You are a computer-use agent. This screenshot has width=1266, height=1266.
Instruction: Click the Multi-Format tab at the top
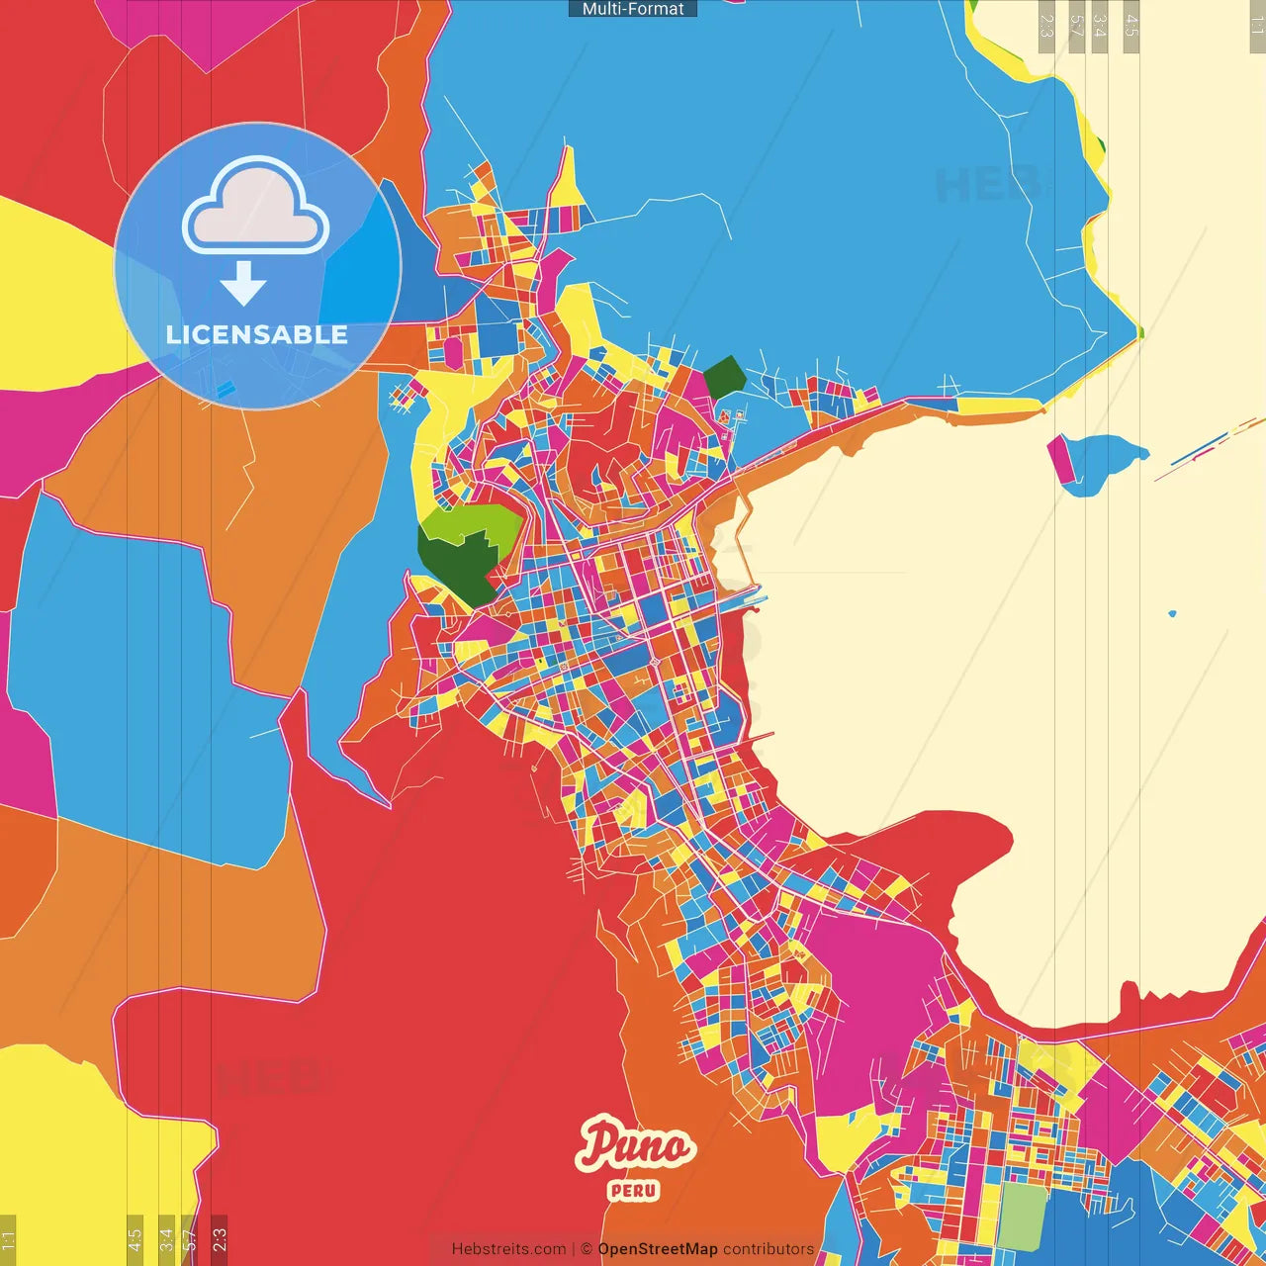click(633, 9)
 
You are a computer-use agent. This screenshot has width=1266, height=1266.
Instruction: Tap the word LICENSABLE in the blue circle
click(256, 334)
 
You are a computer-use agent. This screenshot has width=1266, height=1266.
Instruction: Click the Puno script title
click(635, 1145)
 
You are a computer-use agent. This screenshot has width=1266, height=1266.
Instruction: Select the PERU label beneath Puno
click(634, 1190)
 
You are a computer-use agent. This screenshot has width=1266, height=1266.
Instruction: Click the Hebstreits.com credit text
click(508, 1249)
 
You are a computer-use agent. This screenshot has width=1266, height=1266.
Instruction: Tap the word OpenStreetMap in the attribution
click(657, 1249)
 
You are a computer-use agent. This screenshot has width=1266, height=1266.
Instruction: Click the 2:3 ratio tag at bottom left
click(220, 1239)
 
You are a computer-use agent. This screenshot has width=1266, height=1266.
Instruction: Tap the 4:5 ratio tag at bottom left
click(135, 1239)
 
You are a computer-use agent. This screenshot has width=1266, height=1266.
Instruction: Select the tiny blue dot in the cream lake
click(1173, 613)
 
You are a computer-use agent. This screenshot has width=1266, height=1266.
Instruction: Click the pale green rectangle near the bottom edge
click(1022, 1218)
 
